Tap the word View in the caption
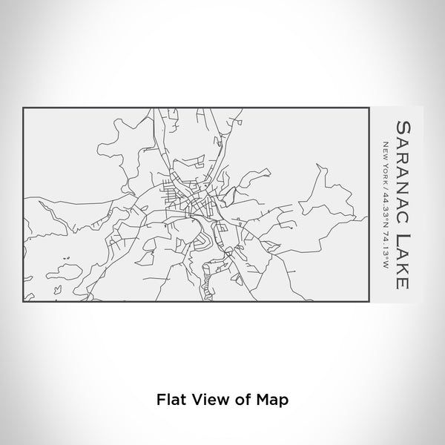(x=208, y=399)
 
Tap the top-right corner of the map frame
(x=371, y=108)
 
